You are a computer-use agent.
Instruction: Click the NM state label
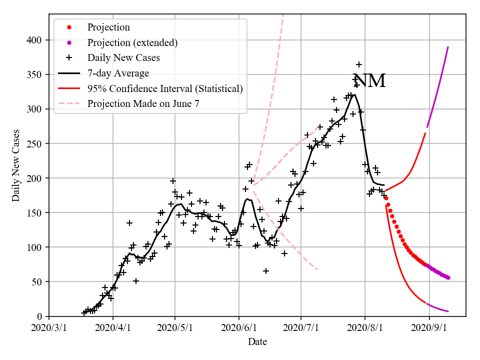pyautogui.click(x=369, y=81)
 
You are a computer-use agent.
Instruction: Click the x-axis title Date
pyautogui.click(x=257, y=342)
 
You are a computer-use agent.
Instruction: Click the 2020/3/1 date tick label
pyautogui.click(x=49, y=329)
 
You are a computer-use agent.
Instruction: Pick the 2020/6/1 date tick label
pyautogui.click(x=239, y=329)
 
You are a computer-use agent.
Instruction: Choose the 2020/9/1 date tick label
pyautogui.click(x=429, y=329)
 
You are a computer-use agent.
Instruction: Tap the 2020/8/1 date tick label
pyautogui.click(x=365, y=329)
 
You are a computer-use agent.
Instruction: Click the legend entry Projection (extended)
pyautogui.click(x=132, y=42)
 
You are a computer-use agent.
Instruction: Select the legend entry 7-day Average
pyautogui.click(x=118, y=73)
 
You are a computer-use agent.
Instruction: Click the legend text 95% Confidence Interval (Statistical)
pyautogui.click(x=165, y=88)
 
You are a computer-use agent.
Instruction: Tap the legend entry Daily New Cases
pyautogui.click(x=123, y=58)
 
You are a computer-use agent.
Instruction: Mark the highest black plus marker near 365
pyautogui.click(x=359, y=64)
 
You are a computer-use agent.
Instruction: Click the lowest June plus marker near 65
pyautogui.click(x=266, y=271)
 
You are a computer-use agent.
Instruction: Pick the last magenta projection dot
pyautogui.click(x=448, y=277)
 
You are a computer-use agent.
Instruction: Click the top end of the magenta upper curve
pyautogui.click(x=448, y=46)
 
